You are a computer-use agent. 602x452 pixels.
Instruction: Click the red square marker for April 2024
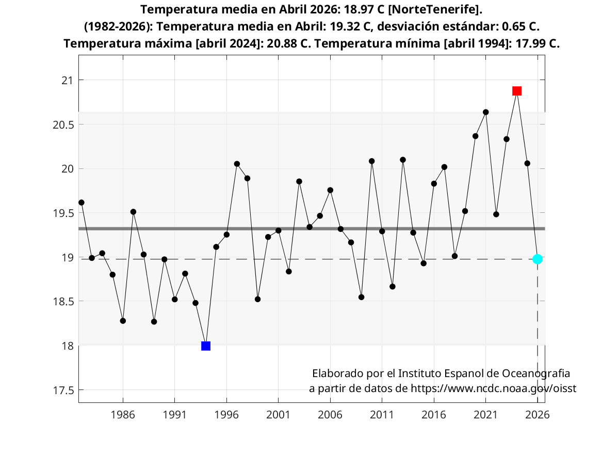pos(517,91)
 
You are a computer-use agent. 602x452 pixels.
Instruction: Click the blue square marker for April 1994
pos(206,346)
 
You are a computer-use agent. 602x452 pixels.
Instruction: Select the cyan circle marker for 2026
pos(538,259)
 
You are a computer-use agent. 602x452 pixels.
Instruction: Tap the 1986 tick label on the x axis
pos(123,414)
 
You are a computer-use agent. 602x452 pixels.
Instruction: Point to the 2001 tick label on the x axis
pos(278,414)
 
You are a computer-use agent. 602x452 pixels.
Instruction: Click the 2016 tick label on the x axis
pos(434,414)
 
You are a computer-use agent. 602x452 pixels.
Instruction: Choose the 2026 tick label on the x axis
pos(538,414)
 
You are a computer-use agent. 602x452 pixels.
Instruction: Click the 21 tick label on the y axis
pos(67,81)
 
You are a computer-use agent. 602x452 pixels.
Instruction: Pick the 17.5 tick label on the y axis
pos(62,390)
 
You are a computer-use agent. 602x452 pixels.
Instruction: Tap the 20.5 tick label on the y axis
pos(62,125)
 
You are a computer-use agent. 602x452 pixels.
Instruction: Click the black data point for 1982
pos(82,202)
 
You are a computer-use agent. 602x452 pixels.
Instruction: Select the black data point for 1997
pos(237,164)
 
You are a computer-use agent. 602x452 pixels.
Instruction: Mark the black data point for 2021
pos(485,112)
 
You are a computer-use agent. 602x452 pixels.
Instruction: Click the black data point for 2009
pos(361,297)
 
